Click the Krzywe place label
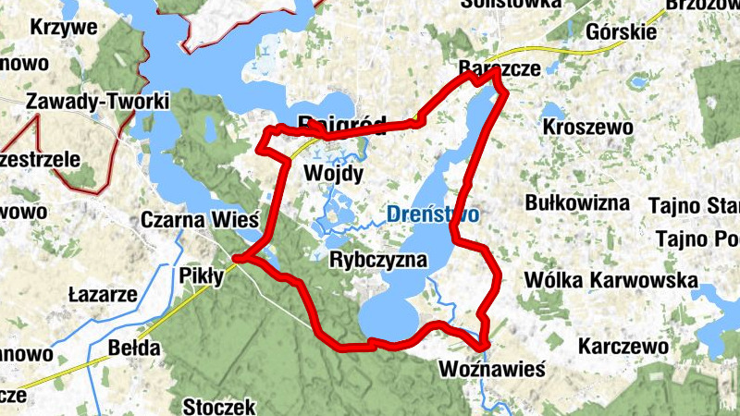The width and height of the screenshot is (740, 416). pos(64,27)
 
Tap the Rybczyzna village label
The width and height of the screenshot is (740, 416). pos(378,260)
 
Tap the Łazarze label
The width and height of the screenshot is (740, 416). pos(104,296)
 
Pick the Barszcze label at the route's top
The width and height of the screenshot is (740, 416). pos(499,68)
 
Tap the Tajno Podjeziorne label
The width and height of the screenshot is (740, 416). pos(697,239)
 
